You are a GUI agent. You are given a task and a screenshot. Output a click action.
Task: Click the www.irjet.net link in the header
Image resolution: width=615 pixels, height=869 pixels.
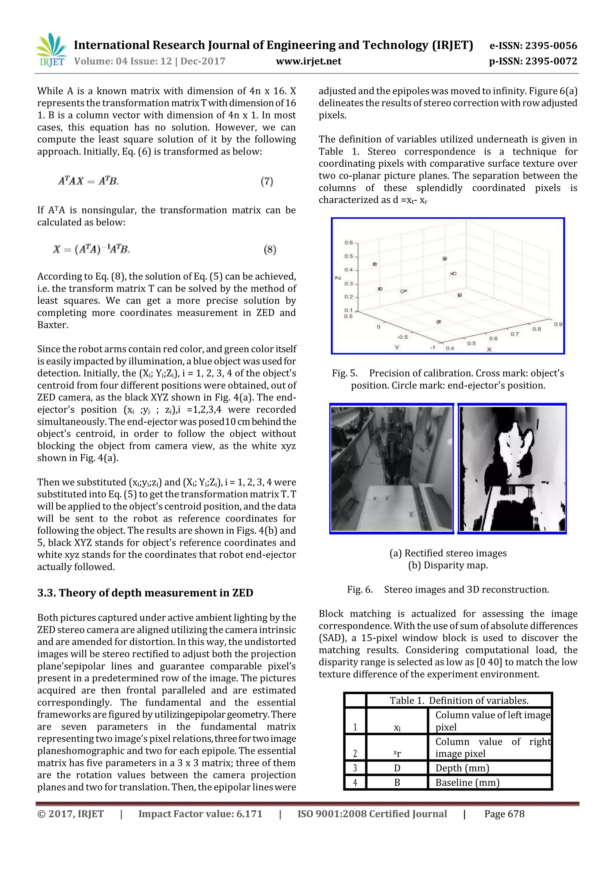point(308,61)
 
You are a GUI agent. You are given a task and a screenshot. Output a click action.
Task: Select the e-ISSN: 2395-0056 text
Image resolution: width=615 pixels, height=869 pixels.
point(533,46)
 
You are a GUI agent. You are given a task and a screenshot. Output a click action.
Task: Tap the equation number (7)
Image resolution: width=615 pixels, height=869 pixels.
point(267,181)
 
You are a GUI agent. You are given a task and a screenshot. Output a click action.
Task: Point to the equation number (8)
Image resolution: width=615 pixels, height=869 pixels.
point(270,249)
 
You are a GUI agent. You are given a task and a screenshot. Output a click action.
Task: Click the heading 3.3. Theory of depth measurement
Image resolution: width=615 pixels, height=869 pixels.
point(145,593)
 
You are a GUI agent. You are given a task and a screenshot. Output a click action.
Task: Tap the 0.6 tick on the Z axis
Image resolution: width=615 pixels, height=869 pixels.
point(348,243)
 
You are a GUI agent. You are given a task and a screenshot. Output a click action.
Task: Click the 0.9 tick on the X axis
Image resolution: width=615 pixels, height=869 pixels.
point(558,324)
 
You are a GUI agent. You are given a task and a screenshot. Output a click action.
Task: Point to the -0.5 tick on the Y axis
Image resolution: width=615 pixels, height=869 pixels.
point(402,337)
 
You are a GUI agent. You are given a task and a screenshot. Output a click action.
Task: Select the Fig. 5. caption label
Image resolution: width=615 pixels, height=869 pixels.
point(345,373)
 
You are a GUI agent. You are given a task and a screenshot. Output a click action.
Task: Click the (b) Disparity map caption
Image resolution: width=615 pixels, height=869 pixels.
point(448,565)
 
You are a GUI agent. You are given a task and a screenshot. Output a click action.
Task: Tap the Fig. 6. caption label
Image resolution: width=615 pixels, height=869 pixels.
point(360,590)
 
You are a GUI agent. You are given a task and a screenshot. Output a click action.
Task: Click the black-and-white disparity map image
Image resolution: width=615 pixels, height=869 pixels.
point(512,469)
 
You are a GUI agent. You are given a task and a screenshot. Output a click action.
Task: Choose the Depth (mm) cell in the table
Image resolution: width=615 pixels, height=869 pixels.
point(462,768)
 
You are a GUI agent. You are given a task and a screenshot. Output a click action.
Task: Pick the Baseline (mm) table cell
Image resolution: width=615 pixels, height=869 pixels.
point(467,782)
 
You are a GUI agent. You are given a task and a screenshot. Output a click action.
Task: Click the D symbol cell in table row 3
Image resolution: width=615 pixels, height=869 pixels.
point(397,768)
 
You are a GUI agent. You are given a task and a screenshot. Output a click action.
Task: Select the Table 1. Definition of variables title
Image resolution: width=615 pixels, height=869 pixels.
point(459,701)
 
